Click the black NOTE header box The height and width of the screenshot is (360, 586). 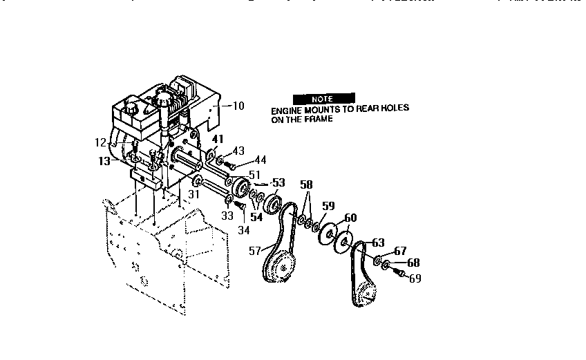322,99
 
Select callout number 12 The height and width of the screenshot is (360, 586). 100,143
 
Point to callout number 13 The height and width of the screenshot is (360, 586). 104,160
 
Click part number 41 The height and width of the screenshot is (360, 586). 217,140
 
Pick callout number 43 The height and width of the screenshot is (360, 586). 238,151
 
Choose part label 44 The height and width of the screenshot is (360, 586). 261,160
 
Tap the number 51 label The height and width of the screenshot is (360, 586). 254,174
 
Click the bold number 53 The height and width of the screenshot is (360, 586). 278,182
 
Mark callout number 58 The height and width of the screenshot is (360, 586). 307,185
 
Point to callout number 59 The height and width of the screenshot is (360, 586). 328,205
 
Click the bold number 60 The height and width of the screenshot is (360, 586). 350,218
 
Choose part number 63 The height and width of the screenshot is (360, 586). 378,243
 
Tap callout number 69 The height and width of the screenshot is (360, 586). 415,279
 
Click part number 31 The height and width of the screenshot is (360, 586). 194,196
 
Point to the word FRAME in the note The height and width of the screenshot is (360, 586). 318,119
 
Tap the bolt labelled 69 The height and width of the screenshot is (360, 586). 399,274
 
